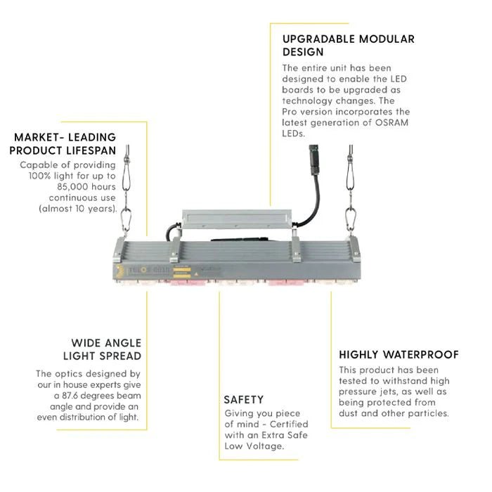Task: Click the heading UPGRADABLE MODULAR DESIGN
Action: click(x=348, y=45)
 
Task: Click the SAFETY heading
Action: click(x=243, y=399)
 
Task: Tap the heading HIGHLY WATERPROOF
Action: click(x=399, y=355)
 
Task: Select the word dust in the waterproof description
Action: click(x=351, y=413)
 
